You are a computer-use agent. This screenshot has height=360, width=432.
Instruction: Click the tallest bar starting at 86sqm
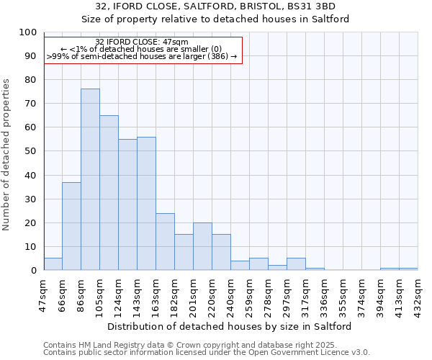[x=90, y=179]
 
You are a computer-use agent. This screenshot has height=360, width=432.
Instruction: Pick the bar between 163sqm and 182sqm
[x=165, y=241]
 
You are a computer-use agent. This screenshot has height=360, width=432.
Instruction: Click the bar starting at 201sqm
[x=202, y=246]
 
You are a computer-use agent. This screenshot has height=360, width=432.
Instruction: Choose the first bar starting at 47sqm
[x=53, y=264]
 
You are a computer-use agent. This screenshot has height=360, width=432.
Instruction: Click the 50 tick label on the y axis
[x=30, y=151]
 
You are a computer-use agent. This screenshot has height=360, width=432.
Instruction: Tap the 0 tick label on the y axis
[x=33, y=271]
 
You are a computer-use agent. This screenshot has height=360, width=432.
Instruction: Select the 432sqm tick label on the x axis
[x=418, y=295]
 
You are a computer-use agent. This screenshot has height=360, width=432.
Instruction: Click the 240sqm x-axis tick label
[x=230, y=295]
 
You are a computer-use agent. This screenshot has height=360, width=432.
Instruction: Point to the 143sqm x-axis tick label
[x=137, y=295]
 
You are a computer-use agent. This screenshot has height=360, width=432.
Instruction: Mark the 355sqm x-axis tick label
[x=343, y=295]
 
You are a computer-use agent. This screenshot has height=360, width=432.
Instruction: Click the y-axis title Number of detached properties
[x=7, y=155]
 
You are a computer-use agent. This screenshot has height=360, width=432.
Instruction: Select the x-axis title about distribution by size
[x=229, y=326]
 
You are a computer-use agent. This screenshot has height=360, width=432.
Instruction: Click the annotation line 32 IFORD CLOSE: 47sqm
[x=142, y=42]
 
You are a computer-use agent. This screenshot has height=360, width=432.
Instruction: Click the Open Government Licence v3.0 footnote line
[x=207, y=353]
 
